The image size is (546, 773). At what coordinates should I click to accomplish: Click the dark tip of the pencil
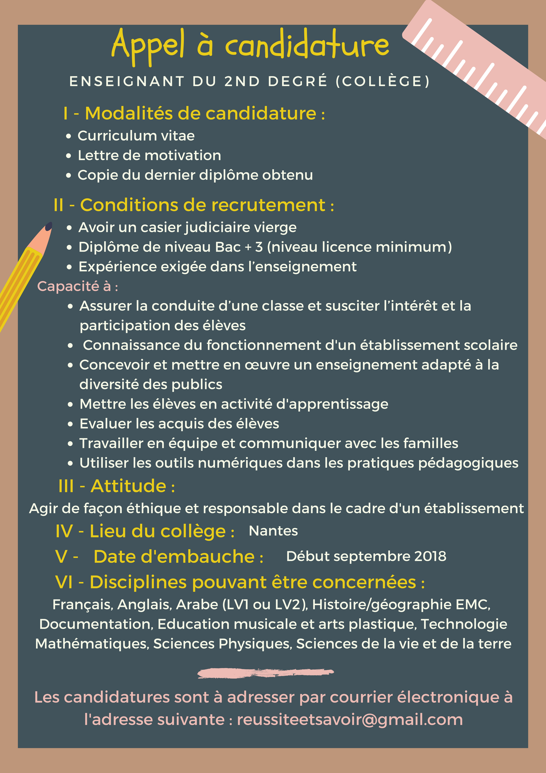tap(49, 226)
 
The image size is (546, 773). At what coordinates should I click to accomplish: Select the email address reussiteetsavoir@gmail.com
tap(350, 719)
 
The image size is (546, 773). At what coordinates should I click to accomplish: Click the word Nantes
tap(273, 531)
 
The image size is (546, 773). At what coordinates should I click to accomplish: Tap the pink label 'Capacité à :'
tap(77, 286)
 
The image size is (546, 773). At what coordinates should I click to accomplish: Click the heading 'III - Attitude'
tap(117, 486)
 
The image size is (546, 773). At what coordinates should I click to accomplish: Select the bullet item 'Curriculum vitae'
tap(136, 136)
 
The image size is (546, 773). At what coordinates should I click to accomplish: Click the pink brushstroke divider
tap(265, 673)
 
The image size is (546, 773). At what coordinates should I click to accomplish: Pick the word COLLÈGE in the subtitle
tap(383, 82)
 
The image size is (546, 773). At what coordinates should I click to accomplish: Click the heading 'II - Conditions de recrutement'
tap(194, 205)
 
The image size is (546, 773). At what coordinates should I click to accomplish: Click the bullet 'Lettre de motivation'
tap(149, 156)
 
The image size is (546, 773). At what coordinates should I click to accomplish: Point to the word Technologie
tap(464, 624)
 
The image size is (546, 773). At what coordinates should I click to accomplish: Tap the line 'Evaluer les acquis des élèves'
tap(179, 424)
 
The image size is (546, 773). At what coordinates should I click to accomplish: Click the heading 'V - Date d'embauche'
tap(159, 557)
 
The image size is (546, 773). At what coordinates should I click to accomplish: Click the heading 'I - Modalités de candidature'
tap(194, 114)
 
